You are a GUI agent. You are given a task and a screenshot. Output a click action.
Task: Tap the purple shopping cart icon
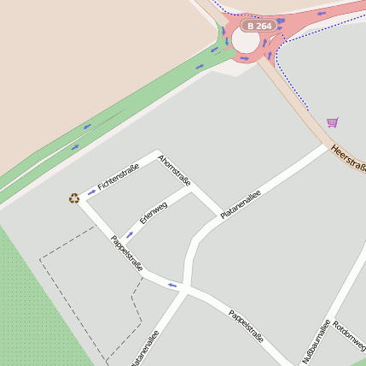(x=332, y=122)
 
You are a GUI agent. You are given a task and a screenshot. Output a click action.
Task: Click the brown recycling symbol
(x=74, y=198)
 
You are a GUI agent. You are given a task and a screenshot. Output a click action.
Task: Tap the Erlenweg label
(x=154, y=211)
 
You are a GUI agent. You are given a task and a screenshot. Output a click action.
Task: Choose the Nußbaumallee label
(x=315, y=342)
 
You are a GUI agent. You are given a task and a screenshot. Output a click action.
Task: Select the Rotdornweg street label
(x=350, y=337)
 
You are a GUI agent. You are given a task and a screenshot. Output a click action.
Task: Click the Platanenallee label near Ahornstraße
(x=240, y=204)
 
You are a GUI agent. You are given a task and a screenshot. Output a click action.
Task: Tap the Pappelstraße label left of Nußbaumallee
(x=246, y=327)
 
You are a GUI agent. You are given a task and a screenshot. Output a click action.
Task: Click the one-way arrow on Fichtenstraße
(x=91, y=192)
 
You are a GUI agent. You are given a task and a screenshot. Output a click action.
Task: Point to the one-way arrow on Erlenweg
(x=129, y=233)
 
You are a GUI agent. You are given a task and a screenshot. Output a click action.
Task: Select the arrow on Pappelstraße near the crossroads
(x=172, y=285)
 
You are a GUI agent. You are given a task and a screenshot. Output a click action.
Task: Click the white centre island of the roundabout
(x=247, y=40)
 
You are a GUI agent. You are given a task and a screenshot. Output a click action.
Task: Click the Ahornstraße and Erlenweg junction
(x=194, y=191)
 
